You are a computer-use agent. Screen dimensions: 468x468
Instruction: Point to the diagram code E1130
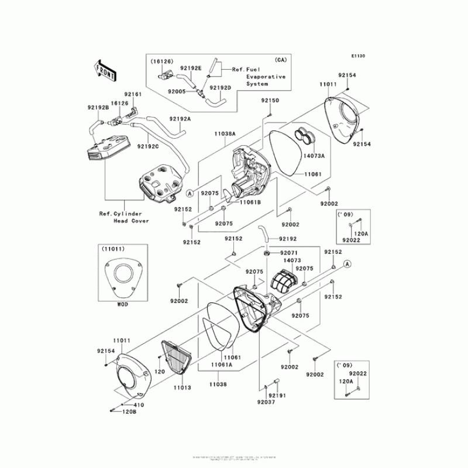358,56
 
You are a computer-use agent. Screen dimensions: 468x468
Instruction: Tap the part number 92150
270,101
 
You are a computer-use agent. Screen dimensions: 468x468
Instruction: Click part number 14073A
314,157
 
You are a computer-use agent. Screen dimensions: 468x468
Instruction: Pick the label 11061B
249,202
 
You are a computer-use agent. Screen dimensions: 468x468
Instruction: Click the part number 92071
281,253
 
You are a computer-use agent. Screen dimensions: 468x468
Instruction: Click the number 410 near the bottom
139,405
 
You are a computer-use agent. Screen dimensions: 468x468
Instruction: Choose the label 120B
130,412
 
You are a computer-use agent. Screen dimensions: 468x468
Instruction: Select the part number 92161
133,94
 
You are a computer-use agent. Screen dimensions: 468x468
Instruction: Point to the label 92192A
181,119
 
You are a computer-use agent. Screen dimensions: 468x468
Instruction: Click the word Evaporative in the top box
266,77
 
